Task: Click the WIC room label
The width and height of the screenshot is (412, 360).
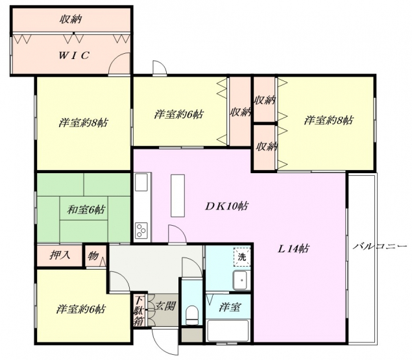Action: (74, 55)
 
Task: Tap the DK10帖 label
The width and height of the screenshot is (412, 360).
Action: (226, 206)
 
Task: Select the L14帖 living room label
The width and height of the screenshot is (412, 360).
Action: (293, 248)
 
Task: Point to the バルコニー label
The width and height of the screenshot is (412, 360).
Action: (380, 246)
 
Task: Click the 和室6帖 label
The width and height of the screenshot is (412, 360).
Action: (86, 210)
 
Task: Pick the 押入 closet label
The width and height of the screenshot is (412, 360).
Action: (60, 255)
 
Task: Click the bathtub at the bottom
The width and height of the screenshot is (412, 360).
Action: (228, 330)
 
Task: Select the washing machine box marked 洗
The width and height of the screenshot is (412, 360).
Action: (242, 256)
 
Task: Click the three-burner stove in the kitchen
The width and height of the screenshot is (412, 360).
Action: (141, 230)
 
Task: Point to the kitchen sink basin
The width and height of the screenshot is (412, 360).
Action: (141, 182)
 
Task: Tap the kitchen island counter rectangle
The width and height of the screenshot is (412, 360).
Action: (178, 195)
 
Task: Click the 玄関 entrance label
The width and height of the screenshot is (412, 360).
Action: (165, 306)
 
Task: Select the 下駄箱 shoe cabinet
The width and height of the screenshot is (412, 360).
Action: (139, 310)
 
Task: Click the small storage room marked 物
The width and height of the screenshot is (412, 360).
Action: (95, 256)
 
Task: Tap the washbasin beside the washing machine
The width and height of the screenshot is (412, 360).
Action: (241, 280)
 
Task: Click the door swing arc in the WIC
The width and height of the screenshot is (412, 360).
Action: (115, 59)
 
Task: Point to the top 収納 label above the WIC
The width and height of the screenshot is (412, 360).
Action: (71, 19)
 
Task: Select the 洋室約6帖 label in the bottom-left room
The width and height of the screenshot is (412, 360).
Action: (81, 309)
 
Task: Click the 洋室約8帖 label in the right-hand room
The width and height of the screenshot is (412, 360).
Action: (328, 120)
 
